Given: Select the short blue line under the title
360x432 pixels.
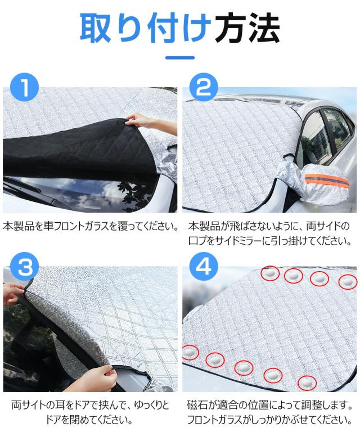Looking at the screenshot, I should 180,57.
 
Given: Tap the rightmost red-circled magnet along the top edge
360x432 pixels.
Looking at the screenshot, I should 348,281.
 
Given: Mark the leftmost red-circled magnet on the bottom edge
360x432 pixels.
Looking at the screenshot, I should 191,353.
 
